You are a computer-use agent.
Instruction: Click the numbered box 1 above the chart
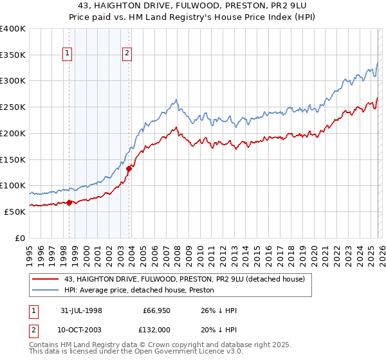68,53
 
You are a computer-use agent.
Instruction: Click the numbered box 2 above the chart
127,53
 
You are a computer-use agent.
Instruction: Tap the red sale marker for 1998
69,203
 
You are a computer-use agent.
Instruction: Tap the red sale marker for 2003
129,168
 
